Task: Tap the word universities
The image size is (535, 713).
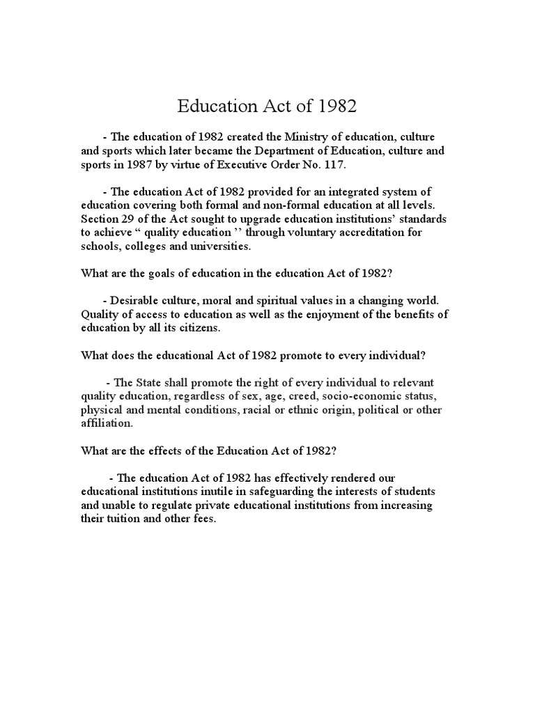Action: point(208,246)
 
